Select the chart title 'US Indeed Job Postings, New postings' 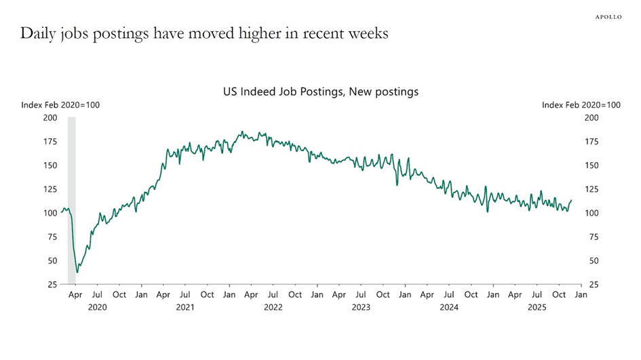click(x=320, y=91)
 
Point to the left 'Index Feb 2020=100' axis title click(x=60, y=105)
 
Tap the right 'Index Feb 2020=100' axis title click(x=581, y=105)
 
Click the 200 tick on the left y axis click(x=50, y=118)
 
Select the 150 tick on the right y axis click(x=591, y=165)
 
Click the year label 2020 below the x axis click(x=98, y=307)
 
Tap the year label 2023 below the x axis click(x=362, y=307)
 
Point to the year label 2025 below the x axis click(x=537, y=307)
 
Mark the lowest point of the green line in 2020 click(x=77, y=273)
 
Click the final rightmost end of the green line click(x=571, y=201)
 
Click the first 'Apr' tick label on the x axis click(x=76, y=295)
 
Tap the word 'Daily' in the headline click(x=38, y=33)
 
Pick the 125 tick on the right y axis click(x=591, y=189)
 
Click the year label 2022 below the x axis click(x=273, y=307)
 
